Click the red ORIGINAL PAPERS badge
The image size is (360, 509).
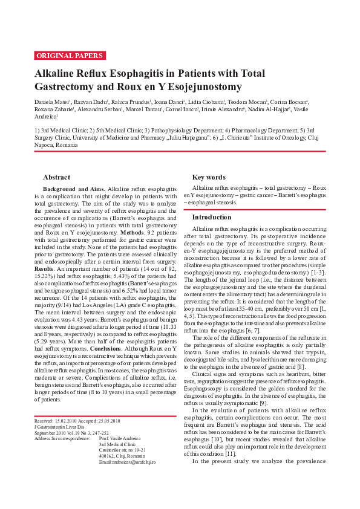click(70, 56)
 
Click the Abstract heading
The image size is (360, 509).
click(56, 177)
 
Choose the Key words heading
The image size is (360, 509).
click(209, 177)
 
